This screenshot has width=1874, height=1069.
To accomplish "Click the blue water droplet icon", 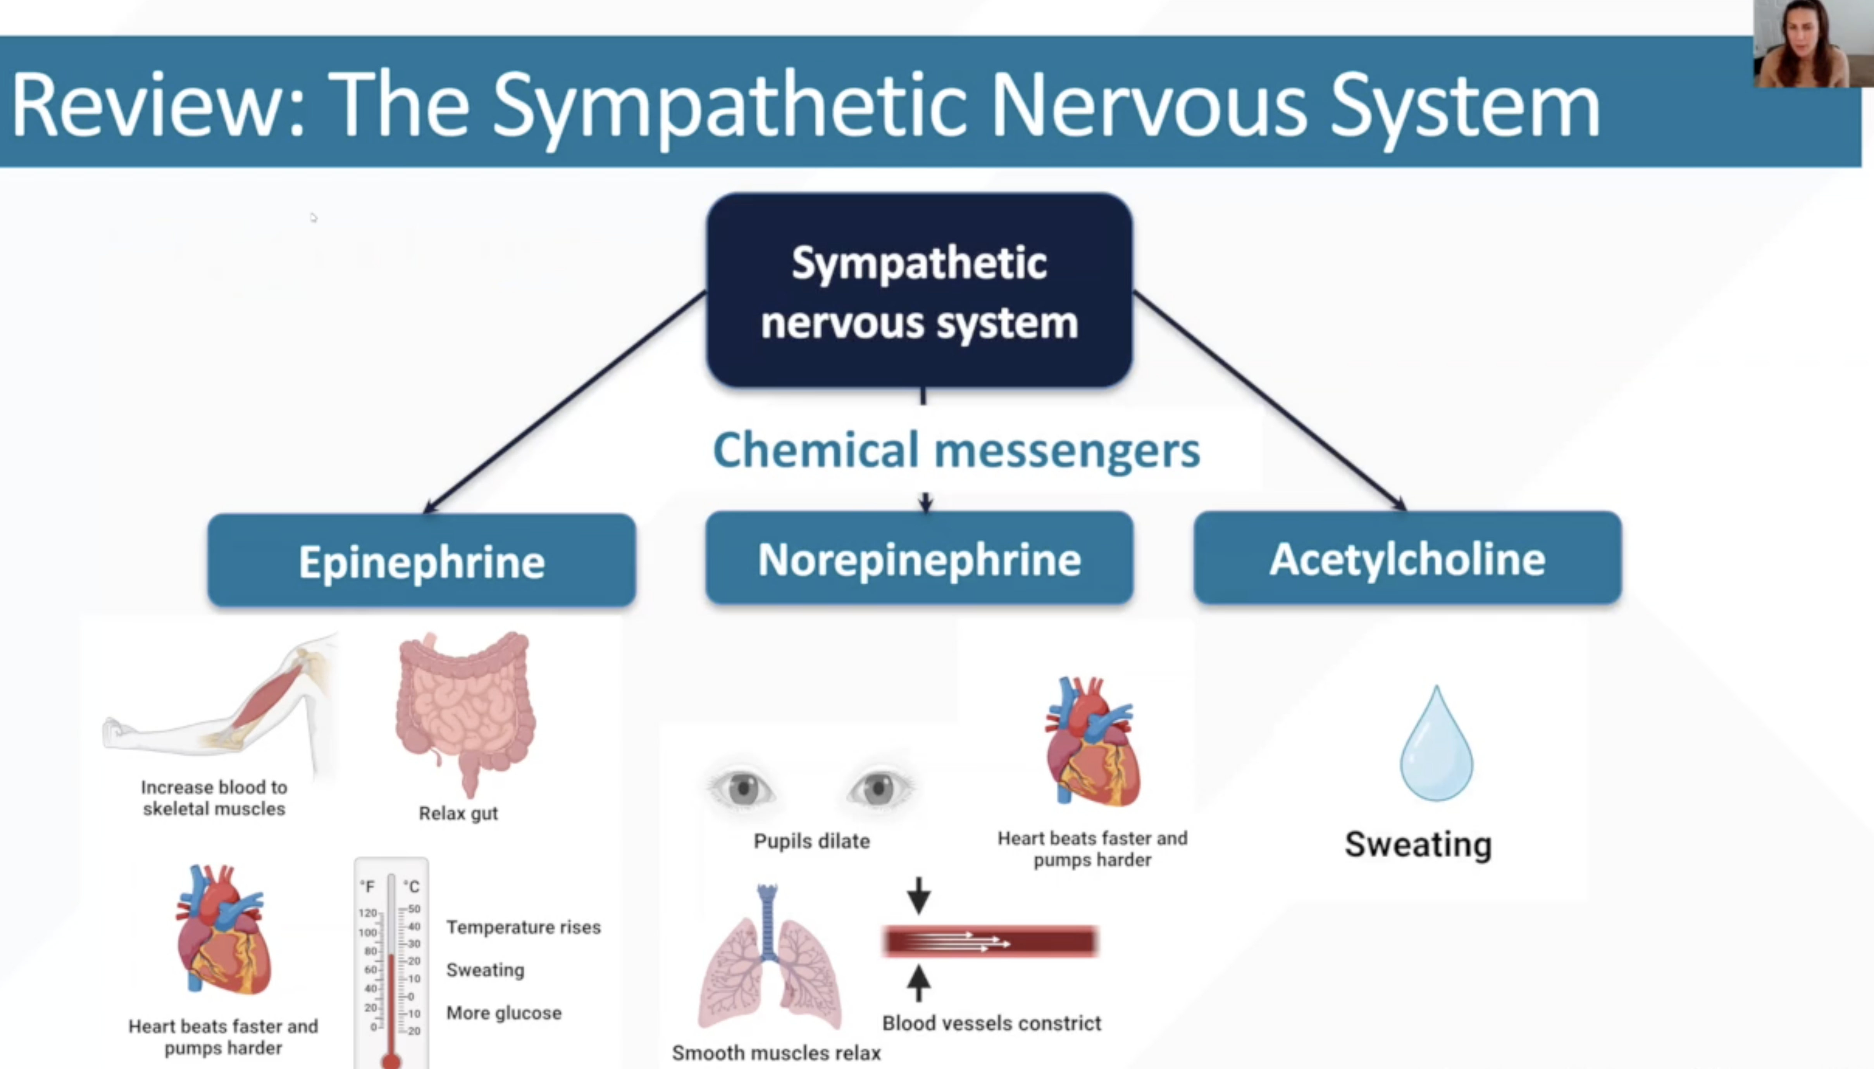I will coord(1436,745).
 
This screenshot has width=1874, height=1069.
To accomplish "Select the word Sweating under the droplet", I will coord(1418,843).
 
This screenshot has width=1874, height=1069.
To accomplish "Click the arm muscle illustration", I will coord(220,705).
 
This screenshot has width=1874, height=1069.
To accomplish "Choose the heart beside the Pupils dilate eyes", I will coord(1092,743).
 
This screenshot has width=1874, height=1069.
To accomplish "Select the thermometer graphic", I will coord(391,962).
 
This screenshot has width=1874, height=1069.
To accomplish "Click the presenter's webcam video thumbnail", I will coord(1812,44).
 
